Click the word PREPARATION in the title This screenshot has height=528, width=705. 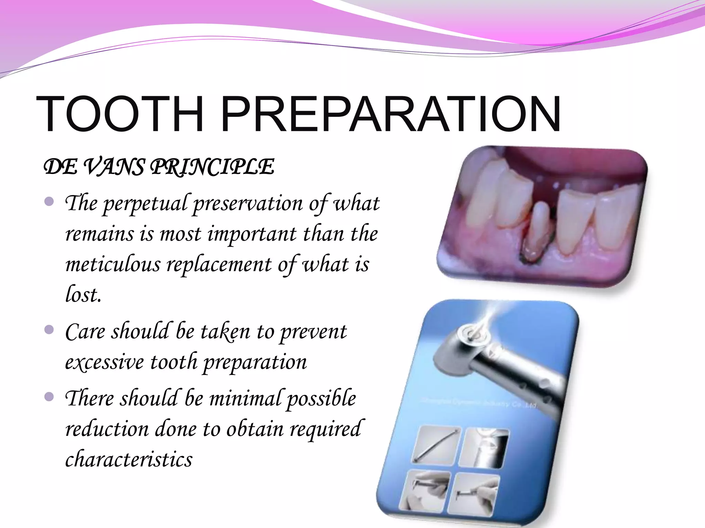pos(391,114)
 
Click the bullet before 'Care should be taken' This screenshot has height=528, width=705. pos(50,330)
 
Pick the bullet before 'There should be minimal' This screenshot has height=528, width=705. pos(50,397)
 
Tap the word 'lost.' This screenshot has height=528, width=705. pos(83,295)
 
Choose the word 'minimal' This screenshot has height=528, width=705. pos(246,399)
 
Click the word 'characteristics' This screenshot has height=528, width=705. pos(129,459)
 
